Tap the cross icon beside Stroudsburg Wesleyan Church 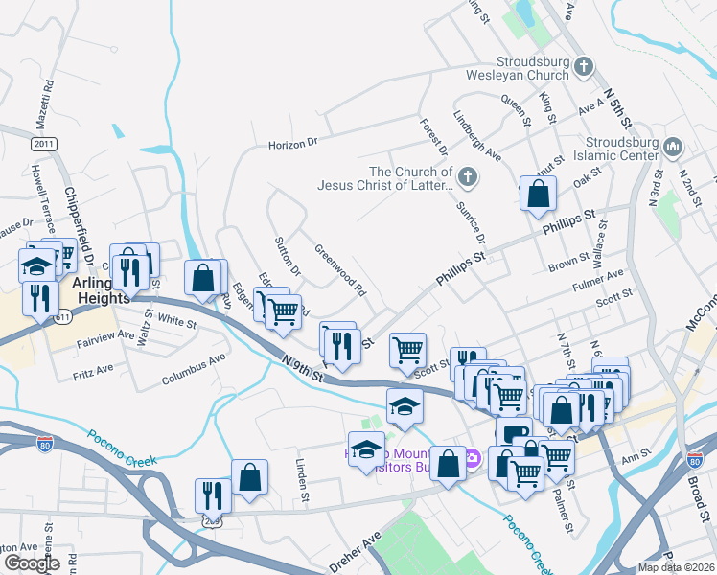coord(584,66)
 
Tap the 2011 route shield coord(43,144)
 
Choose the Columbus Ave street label coord(194,367)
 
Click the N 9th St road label coord(303,370)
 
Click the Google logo coord(32,563)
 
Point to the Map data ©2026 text coord(677,567)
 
